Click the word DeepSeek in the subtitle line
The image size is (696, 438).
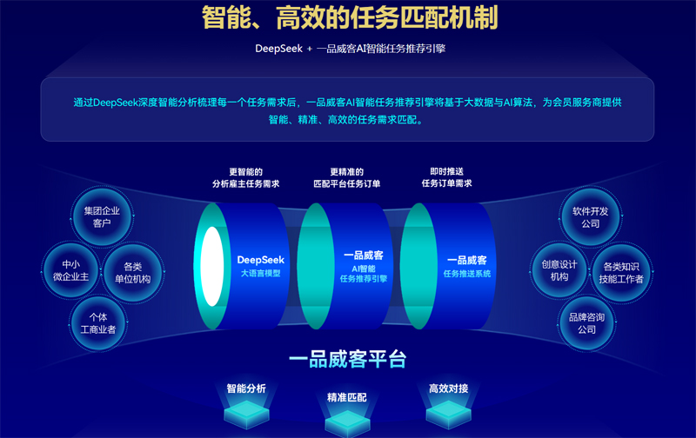278,49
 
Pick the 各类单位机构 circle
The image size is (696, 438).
132,272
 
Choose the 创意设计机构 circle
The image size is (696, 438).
559,270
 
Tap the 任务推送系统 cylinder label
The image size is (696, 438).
466,266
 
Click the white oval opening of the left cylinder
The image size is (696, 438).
211,267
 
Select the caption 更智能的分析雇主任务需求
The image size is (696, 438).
245,178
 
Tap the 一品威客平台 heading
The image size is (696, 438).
347,359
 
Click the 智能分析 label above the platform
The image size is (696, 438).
246,388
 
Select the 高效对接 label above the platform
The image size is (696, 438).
448,388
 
